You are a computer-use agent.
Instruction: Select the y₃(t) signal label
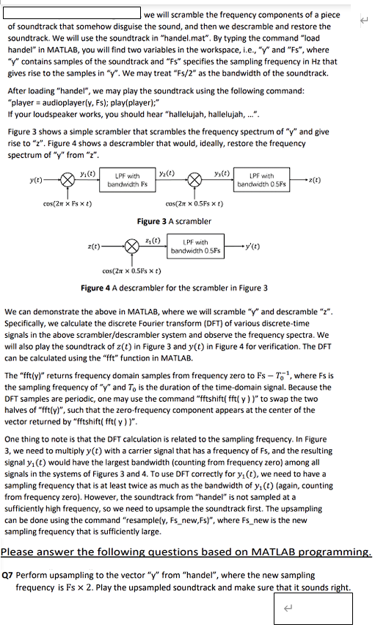(x=222, y=173)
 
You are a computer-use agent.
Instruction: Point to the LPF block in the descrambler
(x=189, y=246)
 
